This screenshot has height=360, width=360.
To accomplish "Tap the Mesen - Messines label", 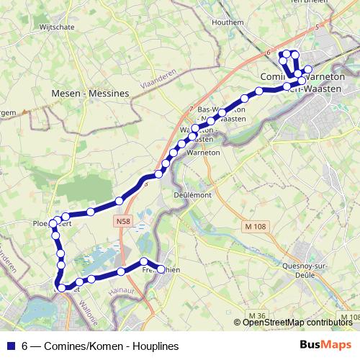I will [x=91, y=94].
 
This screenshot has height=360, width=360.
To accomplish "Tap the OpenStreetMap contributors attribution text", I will [x=297, y=323].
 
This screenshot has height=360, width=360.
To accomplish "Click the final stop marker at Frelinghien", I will [x=161, y=269].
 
